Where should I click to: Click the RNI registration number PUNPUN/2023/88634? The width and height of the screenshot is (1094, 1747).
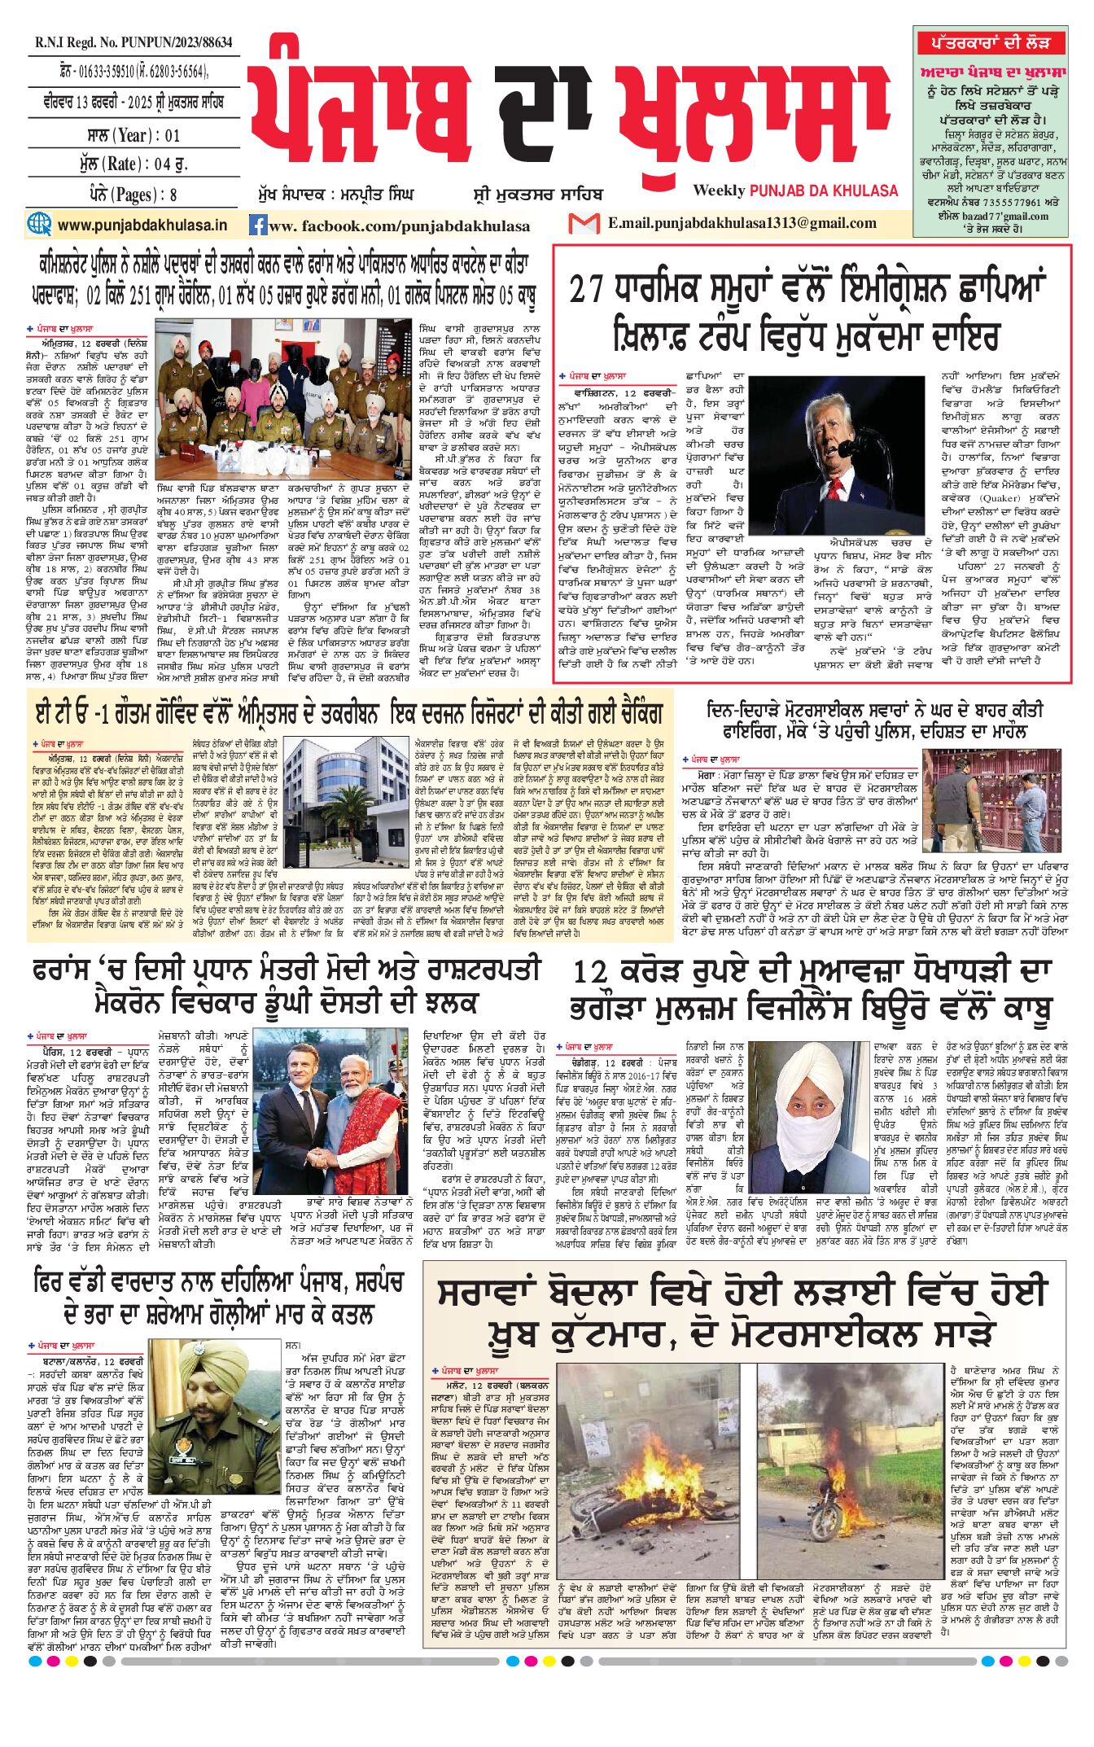[x=133, y=42]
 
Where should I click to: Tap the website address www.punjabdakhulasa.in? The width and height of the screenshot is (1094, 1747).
[x=142, y=225]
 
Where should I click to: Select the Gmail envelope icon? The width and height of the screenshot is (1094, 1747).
[x=584, y=223]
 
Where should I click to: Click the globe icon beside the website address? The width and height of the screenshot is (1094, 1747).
[x=39, y=224]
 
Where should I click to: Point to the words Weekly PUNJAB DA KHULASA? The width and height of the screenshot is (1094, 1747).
[x=795, y=190]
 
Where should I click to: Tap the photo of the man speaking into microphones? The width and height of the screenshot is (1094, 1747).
[x=836, y=453]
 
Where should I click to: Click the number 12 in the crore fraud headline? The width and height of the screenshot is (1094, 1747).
[x=591, y=972]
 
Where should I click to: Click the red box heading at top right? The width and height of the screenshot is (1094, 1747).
[x=990, y=42]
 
